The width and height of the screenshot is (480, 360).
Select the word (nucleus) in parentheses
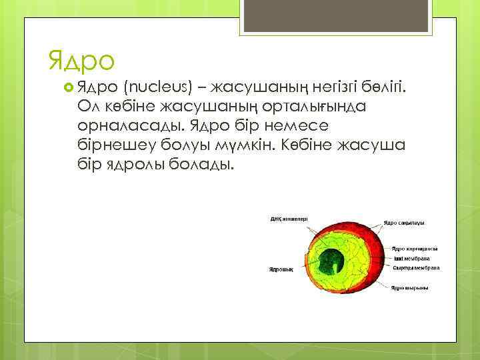(x=158, y=87)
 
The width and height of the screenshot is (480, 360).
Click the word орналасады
(x=131, y=126)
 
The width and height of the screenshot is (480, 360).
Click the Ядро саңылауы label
(x=405, y=223)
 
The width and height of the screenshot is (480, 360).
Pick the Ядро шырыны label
(x=409, y=288)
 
